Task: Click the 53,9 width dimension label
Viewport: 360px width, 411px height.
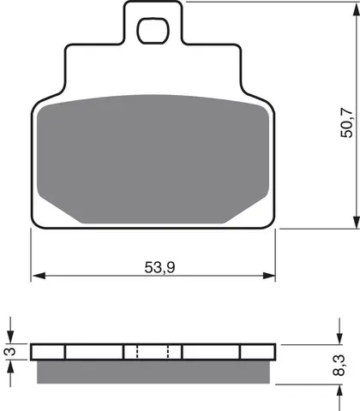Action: [159, 267]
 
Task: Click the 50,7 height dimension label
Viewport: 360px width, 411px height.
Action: [346, 122]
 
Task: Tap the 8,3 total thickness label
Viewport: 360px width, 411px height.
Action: [339, 366]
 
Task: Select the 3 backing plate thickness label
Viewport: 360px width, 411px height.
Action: [11, 351]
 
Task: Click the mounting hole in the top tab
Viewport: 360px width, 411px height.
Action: [153, 30]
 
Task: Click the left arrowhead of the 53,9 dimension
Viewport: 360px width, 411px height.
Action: [39, 276]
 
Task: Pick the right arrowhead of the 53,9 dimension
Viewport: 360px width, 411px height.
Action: [269, 276]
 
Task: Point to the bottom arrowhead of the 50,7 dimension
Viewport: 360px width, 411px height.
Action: [356, 222]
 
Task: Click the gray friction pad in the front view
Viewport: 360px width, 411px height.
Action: [153, 159]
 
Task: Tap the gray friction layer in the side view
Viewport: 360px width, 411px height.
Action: [153, 372]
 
